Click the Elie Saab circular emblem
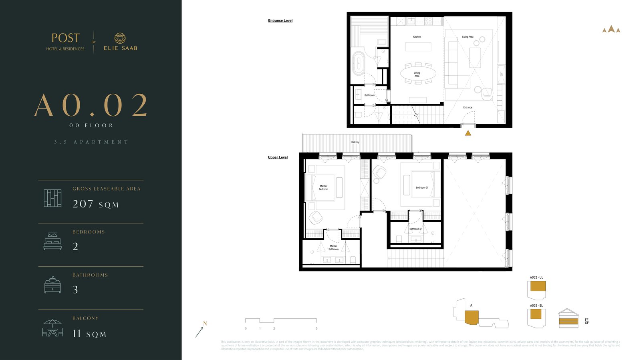[x=120, y=38]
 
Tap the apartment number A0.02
[x=91, y=106]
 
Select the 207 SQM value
[x=95, y=204]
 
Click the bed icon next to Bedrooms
[x=52, y=241]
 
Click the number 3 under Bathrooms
[x=75, y=290]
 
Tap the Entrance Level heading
[x=280, y=20]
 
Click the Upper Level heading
[x=278, y=157]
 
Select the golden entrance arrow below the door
[x=468, y=133]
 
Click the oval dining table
[x=418, y=74]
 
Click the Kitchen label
[x=417, y=37]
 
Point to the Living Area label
[x=468, y=37]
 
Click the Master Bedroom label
[x=323, y=187]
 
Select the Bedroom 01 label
[x=422, y=187]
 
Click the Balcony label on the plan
[x=355, y=142]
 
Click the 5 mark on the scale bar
[x=316, y=328]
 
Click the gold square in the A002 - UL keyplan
[x=538, y=286]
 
